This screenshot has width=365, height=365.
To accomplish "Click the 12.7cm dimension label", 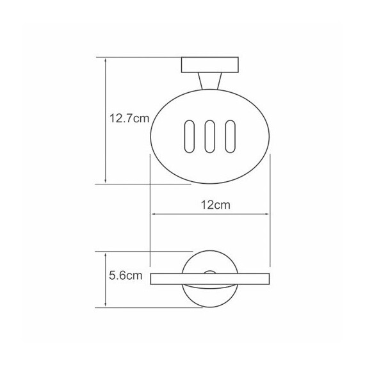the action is [129, 118].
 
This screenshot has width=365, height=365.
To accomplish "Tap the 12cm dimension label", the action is [216, 205].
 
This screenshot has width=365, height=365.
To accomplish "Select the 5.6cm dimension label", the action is [126, 275].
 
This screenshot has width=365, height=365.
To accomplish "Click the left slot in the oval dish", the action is [190, 136].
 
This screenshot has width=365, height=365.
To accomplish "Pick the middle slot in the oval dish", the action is [209, 136].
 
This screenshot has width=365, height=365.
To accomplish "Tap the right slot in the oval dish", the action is [230, 136].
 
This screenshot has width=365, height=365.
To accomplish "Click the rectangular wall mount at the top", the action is [210, 65].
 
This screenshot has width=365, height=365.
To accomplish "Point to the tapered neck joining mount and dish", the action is [210, 81].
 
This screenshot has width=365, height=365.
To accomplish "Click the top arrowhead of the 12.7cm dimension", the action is [106, 61].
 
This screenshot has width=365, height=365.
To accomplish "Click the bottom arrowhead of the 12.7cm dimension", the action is [106, 181].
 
